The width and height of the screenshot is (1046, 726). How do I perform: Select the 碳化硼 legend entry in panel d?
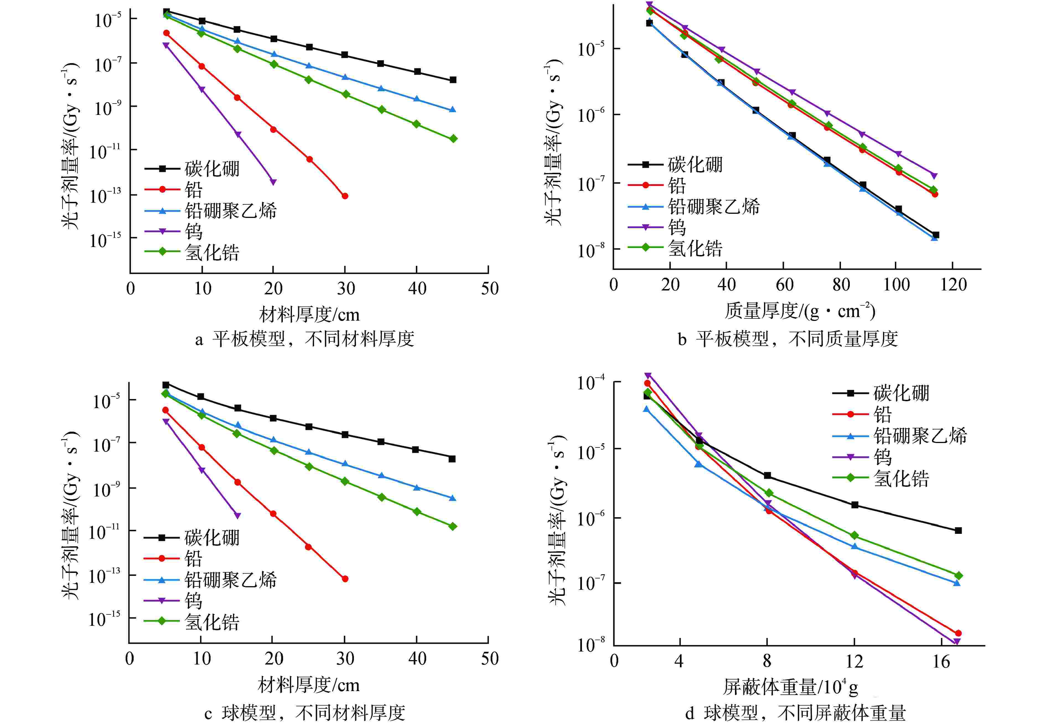[x=901, y=393]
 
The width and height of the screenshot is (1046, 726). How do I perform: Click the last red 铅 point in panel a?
[x=345, y=196]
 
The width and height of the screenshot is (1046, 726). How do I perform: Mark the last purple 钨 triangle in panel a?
[x=273, y=182]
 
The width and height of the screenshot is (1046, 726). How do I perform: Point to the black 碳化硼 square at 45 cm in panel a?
[x=453, y=80]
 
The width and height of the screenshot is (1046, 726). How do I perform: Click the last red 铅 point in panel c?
[x=345, y=579]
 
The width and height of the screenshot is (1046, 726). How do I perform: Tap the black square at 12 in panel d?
[x=855, y=505]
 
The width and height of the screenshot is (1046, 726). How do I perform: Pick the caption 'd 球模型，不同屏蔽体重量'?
[x=796, y=713]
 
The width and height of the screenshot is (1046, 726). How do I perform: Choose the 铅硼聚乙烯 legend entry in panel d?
[x=920, y=436]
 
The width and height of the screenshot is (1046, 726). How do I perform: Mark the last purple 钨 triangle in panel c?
[x=237, y=515]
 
